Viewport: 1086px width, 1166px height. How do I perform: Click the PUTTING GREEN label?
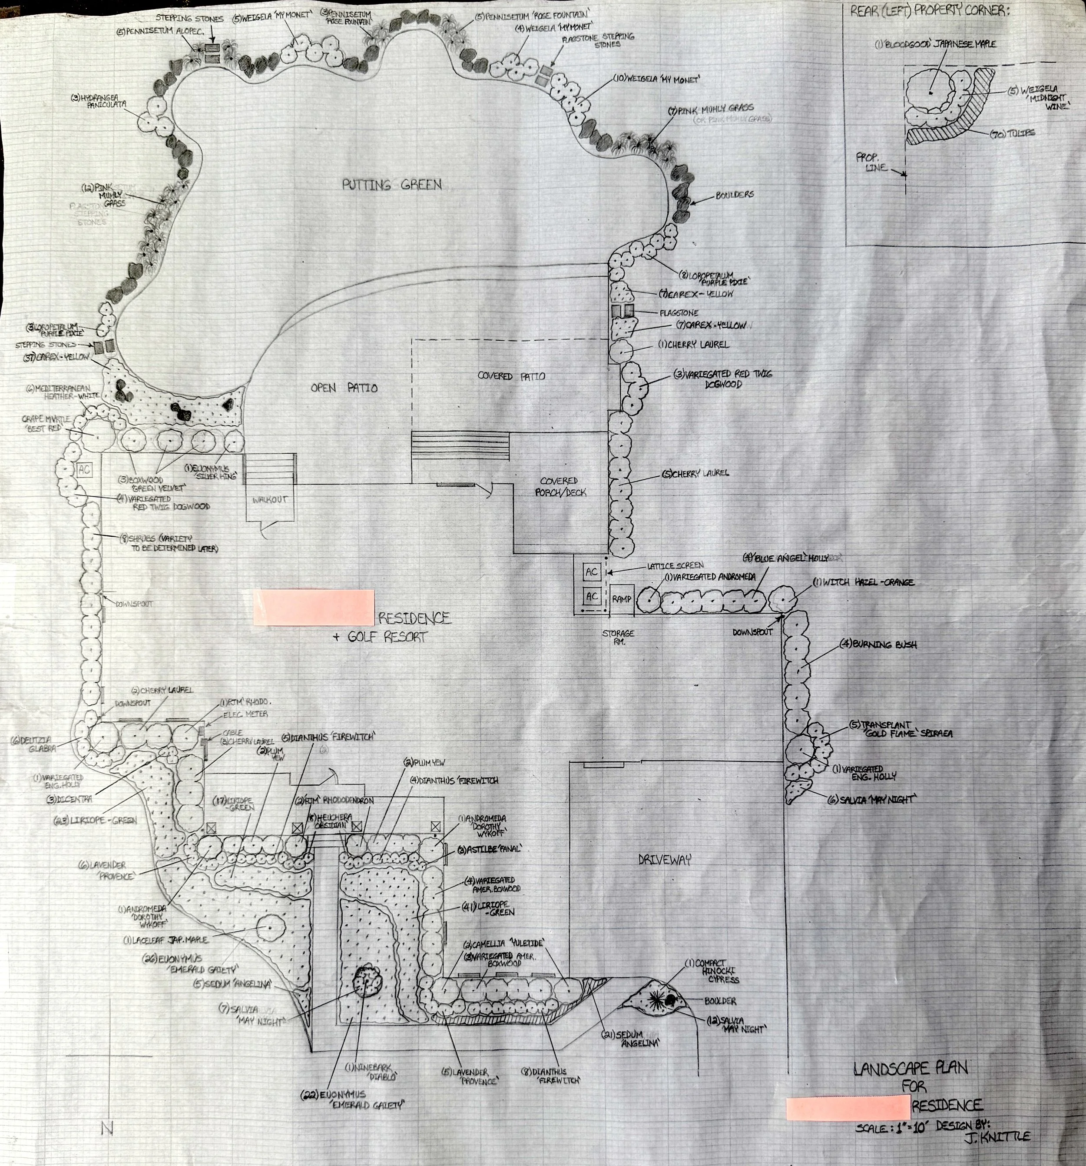point(392,185)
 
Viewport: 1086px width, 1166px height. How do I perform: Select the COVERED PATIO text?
point(511,376)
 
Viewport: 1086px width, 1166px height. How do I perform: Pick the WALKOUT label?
point(270,500)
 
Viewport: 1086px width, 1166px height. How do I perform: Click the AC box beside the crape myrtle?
point(84,469)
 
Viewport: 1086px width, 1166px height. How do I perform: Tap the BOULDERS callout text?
point(734,195)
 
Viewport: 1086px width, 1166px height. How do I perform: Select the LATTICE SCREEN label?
point(674,565)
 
